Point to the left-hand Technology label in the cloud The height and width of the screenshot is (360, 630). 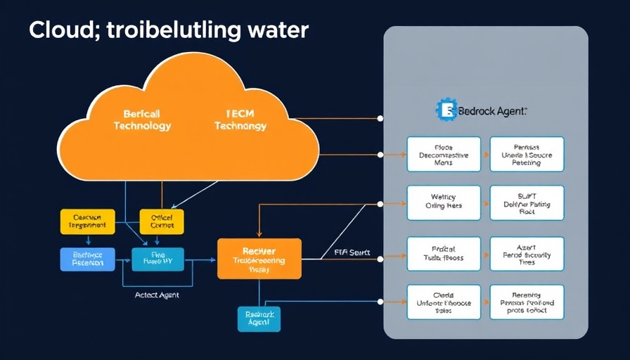tap(142, 126)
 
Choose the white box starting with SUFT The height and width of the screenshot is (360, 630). tap(527, 203)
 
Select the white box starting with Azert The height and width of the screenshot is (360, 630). tap(527, 255)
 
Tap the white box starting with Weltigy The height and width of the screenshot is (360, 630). tap(444, 203)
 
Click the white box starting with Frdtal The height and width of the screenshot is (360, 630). tap(444, 255)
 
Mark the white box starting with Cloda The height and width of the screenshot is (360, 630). tap(444, 302)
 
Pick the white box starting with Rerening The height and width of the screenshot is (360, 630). tap(527, 302)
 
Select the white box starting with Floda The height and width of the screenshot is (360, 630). tap(444, 154)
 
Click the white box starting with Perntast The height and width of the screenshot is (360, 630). tap(527, 154)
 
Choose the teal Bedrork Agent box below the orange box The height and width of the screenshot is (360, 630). tap(259, 319)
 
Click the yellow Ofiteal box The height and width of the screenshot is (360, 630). tap(162, 221)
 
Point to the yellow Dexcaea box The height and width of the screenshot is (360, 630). tap(87, 221)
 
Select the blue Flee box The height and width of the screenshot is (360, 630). tap(157, 259)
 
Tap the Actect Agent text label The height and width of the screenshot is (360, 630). tap(157, 295)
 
